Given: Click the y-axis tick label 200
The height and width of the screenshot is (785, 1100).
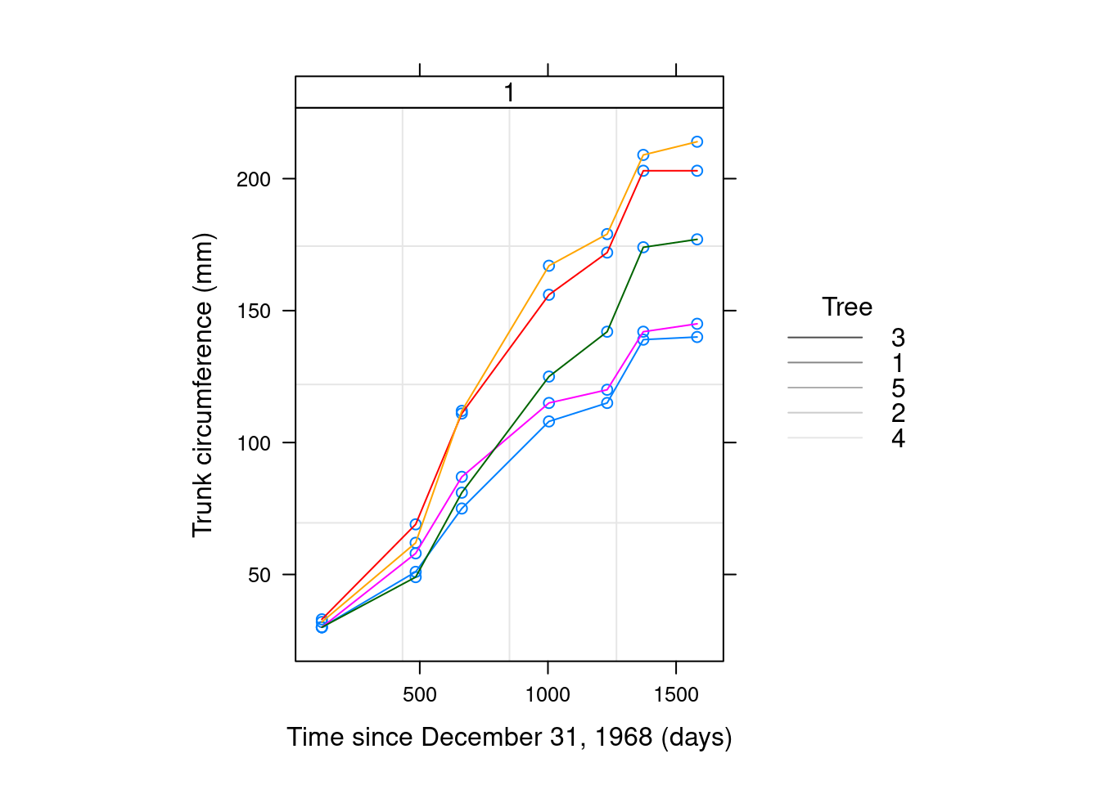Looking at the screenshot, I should point(253,179).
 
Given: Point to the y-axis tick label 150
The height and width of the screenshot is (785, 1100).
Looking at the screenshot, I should point(253,312).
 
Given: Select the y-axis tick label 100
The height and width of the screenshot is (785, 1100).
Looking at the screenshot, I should point(253,443).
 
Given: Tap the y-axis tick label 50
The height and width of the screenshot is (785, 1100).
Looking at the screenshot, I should point(259,575).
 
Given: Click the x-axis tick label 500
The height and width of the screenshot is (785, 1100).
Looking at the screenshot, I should point(420,695).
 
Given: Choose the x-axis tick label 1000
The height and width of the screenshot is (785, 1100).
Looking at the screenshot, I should point(548,695).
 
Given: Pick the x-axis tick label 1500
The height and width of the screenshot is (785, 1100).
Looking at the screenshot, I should point(676,695).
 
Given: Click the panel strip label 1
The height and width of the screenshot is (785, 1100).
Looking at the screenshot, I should point(509,92).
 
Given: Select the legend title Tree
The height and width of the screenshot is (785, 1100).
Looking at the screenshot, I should point(847,307).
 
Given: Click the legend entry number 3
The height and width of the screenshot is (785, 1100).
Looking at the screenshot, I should point(898,337).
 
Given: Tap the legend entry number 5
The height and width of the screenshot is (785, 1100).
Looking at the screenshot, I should point(898,388).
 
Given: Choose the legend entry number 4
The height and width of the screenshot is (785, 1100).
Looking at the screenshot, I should point(898,438).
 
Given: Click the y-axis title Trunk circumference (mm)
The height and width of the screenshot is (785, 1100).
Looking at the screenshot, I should point(202,385).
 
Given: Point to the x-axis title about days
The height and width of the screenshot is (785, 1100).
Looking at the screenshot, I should point(509,737).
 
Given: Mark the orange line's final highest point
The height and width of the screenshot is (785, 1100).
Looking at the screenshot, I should point(697,142).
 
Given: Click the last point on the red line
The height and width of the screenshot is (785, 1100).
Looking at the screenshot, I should point(697,171).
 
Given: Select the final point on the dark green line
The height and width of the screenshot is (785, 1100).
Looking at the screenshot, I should point(697,240).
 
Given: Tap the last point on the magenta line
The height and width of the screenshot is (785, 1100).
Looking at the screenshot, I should point(697,324).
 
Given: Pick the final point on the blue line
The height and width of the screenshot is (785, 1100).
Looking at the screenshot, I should point(697,337).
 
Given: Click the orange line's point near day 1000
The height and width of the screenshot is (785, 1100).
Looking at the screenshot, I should point(549,266).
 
